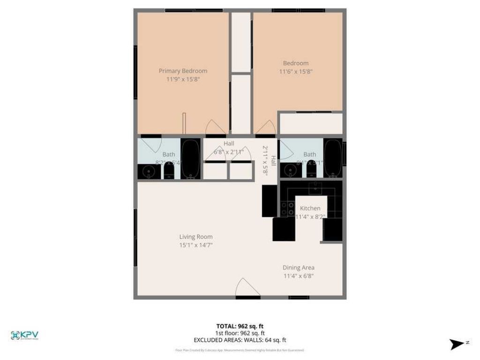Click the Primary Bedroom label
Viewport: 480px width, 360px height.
tap(183, 71)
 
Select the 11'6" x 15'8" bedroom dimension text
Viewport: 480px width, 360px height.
tap(296, 72)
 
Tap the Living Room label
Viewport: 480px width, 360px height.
tap(195, 237)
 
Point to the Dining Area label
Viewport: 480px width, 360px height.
tap(298, 268)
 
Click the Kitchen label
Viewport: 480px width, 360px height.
tap(310, 208)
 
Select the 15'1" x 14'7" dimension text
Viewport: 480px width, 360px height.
tap(195, 245)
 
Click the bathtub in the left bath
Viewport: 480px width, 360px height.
tap(191, 159)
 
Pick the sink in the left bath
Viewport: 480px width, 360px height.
tap(149, 172)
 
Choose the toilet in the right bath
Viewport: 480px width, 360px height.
tap(312, 171)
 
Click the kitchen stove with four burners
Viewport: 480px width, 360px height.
tap(287, 209)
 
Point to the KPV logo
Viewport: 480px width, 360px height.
tap(24, 335)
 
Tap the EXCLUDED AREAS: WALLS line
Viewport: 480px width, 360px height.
tap(240, 340)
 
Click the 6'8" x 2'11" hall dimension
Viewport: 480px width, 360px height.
tap(229, 152)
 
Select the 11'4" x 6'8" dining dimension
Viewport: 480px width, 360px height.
tap(298, 276)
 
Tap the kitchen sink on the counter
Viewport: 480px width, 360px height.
tap(315, 189)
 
